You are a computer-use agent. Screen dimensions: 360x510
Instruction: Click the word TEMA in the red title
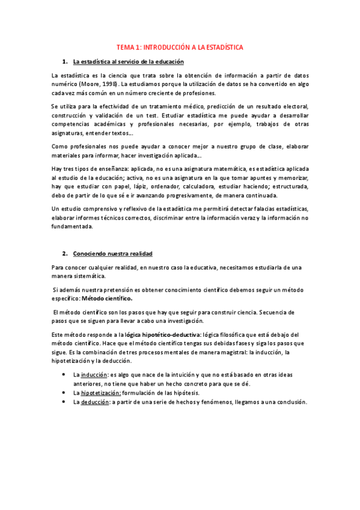(125, 47)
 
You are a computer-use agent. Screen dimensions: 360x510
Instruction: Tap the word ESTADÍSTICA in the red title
(222, 47)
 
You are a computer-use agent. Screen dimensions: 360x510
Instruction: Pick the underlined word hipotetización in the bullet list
(100, 393)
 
